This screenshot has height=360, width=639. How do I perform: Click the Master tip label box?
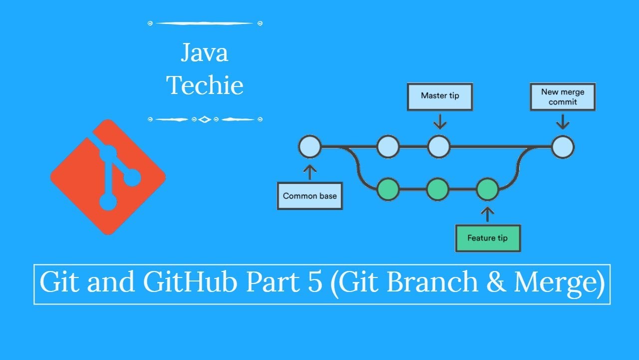coord(440,96)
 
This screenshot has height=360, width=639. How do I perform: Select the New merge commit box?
coord(563,97)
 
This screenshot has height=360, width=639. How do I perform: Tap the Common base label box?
coord(310,195)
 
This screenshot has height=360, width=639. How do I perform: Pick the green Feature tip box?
coord(488,238)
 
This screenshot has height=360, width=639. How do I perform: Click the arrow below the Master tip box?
coord(439,121)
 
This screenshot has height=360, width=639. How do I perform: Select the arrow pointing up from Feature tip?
coord(488,213)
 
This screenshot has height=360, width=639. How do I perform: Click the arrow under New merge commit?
coord(563,121)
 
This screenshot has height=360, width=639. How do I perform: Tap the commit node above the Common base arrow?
coord(310,147)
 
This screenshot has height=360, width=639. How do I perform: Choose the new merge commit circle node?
coord(563,147)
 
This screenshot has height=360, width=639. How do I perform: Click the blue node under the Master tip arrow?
coord(439,147)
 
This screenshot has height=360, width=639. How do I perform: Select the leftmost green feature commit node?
coord(388,189)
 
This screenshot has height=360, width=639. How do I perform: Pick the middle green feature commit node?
coord(438,189)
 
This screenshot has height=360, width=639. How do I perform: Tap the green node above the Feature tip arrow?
coord(488,189)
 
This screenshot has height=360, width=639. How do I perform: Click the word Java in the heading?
coord(205,53)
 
